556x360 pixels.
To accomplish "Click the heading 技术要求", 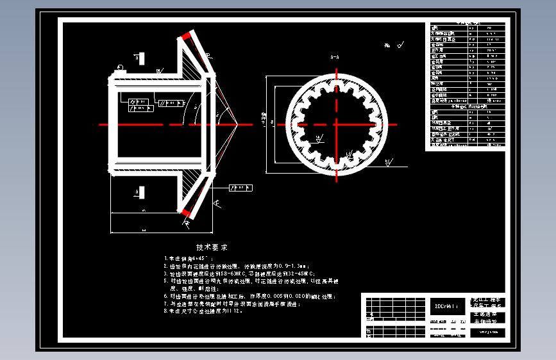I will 212,247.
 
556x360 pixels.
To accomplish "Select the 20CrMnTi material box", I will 446,305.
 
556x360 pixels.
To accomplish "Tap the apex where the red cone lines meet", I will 239,124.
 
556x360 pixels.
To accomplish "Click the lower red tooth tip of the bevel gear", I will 186,212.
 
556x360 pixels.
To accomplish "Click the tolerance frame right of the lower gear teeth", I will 240,188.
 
